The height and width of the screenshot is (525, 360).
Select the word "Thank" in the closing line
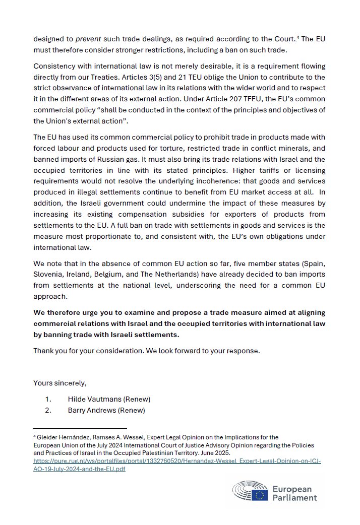[x=44, y=351]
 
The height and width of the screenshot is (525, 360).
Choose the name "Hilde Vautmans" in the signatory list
[x=92, y=400]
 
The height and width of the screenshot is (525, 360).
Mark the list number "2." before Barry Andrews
[x=48, y=410]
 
